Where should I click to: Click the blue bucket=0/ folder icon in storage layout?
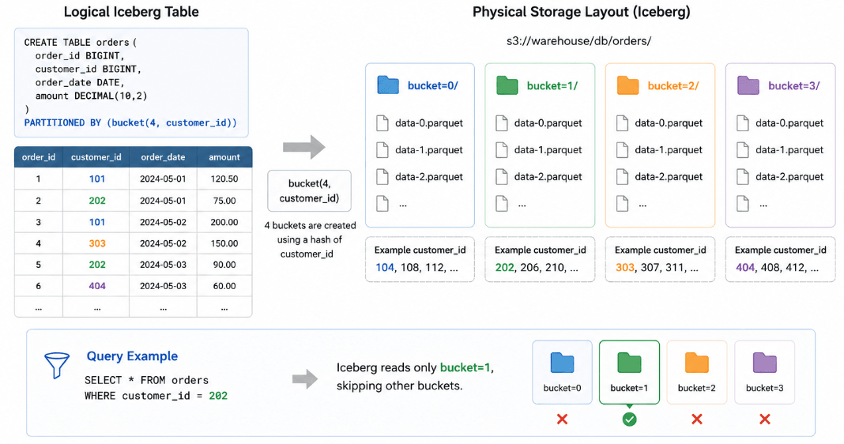(x=388, y=85)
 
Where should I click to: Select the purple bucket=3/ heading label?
(x=794, y=86)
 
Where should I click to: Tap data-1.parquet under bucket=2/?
(x=669, y=150)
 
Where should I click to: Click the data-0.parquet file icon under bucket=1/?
(x=502, y=123)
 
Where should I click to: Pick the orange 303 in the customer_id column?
(x=97, y=243)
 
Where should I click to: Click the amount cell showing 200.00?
(x=224, y=222)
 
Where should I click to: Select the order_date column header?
(x=163, y=157)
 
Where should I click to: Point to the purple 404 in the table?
(x=97, y=286)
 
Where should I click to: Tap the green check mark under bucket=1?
(x=629, y=420)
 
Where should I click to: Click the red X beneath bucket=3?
(x=764, y=420)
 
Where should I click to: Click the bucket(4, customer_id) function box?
(x=309, y=191)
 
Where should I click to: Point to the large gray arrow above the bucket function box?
(x=304, y=146)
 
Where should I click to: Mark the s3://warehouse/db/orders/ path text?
(x=578, y=41)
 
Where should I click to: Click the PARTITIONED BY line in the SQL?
(x=130, y=122)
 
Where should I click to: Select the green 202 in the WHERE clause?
(x=218, y=396)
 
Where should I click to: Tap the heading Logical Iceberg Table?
(x=131, y=12)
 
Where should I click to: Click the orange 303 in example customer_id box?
(x=624, y=268)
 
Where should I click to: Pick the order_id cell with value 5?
(x=38, y=265)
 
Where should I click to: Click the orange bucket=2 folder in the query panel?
(x=696, y=363)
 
